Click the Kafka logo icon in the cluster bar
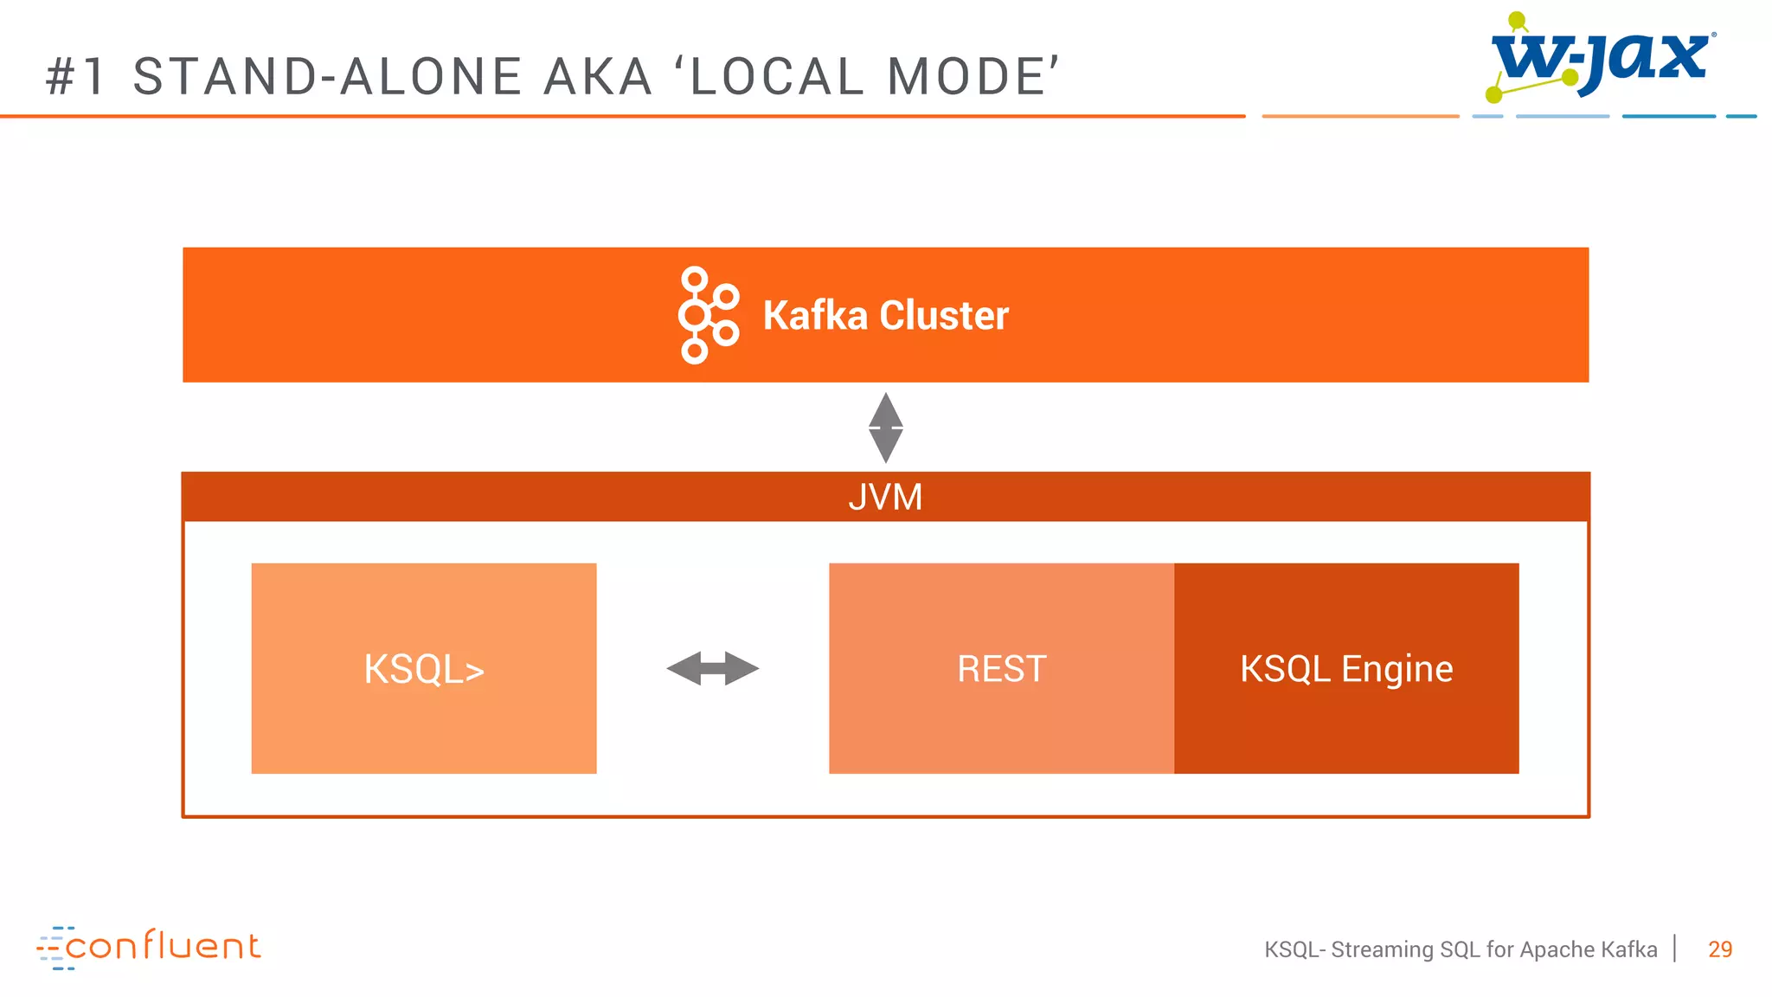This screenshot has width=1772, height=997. pos(708,315)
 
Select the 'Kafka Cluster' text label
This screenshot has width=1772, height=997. pos(885,315)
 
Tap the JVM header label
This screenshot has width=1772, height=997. pos(885,498)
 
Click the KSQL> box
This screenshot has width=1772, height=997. pos(424,668)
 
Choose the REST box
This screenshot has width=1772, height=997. pos(1001,668)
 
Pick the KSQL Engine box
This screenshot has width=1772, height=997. pos(1346,668)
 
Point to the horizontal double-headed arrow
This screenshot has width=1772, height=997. pos(713,668)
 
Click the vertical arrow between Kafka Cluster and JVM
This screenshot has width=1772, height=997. pos(885,428)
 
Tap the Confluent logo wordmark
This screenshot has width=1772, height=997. pos(163,947)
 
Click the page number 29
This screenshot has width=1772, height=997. pos(1720,949)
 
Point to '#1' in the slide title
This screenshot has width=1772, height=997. pos(76,76)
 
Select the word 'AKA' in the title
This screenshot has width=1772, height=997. pos(598,76)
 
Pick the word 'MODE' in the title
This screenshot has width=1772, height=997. pos(967,76)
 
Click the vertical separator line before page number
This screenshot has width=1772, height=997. pos(1676,949)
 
